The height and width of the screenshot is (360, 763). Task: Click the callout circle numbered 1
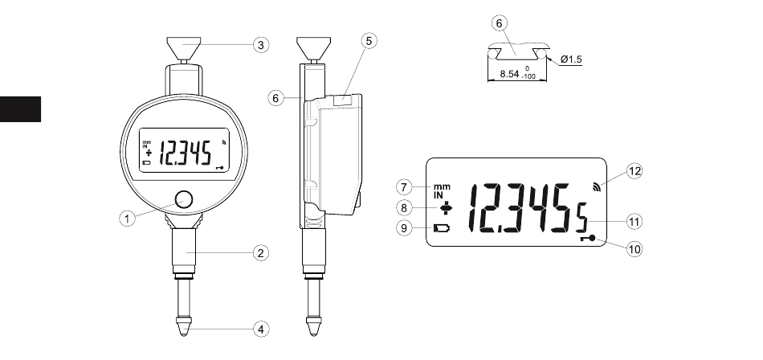[x=127, y=219]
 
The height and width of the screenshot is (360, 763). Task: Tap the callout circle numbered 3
[x=261, y=45]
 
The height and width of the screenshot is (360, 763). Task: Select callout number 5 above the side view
[x=369, y=41]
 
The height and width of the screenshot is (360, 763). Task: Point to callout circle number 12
[x=634, y=171]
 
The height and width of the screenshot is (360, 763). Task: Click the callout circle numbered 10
[x=634, y=249]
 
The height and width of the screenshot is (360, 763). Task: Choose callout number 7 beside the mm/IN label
[x=404, y=187]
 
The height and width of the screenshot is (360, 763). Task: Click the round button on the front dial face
[x=183, y=199]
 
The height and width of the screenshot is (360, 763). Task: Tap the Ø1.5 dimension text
[x=571, y=59]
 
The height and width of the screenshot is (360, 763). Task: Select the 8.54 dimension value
[x=509, y=74]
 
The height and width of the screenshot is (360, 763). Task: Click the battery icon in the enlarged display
[x=442, y=228]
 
